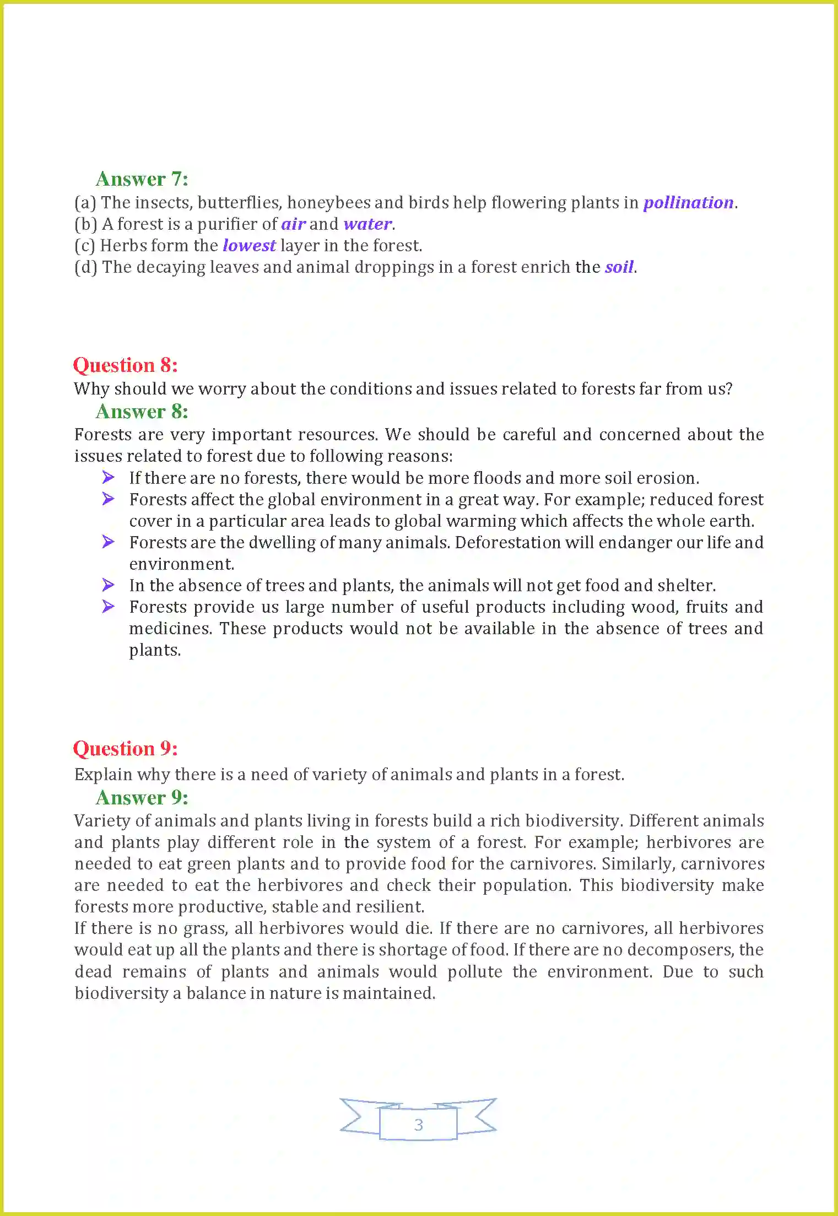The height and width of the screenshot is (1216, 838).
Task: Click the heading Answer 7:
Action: [x=142, y=179]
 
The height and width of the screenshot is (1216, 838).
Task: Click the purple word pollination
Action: [x=688, y=203]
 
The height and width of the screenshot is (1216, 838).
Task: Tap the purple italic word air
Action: [x=293, y=224]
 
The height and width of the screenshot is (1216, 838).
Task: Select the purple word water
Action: [x=367, y=224]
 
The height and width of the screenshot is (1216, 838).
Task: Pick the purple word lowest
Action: [x=249, y=246]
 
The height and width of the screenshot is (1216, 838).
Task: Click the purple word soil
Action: [x=619, y=267]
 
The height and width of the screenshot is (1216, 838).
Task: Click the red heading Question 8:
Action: [x=125, y=365]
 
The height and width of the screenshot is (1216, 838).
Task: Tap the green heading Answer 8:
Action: [x=142, y=412]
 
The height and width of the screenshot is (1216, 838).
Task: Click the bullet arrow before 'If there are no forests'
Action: [x=109, y=477]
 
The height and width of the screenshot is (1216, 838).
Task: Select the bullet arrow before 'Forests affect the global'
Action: [x=109, y=499]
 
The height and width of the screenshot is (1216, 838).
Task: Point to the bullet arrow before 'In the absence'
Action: [x=109, y=585]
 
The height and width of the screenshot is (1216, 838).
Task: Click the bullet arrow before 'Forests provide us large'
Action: [x=109, y=606]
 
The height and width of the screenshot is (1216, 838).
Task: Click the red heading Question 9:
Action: [x=125, y=749]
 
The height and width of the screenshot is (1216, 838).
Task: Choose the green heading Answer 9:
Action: [x=142, y=798]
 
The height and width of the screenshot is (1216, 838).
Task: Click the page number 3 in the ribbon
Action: [x=418, y=1125]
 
